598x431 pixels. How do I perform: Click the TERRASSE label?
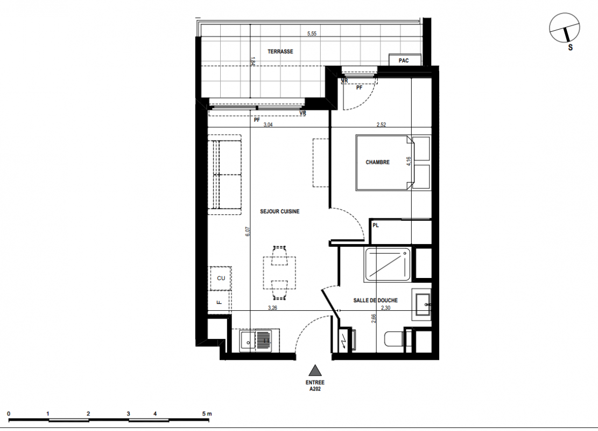coord(280,52)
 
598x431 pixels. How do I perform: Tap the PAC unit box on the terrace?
coord(405,60)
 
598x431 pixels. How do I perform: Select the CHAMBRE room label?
coord(377,162)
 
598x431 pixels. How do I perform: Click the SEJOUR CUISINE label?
coord(279,211)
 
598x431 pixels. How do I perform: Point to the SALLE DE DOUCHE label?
coord(375,301)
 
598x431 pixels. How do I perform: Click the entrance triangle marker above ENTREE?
coord(315,370)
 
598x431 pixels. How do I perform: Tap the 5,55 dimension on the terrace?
coord(312,33)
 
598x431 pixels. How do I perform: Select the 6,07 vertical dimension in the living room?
coord(248,232)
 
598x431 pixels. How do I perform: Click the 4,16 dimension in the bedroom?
coord(409,161)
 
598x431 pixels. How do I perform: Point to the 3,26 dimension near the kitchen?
coord(272,308)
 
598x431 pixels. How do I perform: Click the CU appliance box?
coord(221,279)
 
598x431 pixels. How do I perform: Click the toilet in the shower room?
coord(395,339)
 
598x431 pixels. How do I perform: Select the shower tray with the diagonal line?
coord(387,265)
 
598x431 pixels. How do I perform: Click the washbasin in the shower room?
coord(421,304)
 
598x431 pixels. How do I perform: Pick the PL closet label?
coord(376,225)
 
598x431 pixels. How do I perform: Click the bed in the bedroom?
coord(385,162)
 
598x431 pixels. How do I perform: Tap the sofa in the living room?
coord(224,175)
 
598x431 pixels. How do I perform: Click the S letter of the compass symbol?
coord(570,47)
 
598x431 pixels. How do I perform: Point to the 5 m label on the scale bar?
coord(207,413)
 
